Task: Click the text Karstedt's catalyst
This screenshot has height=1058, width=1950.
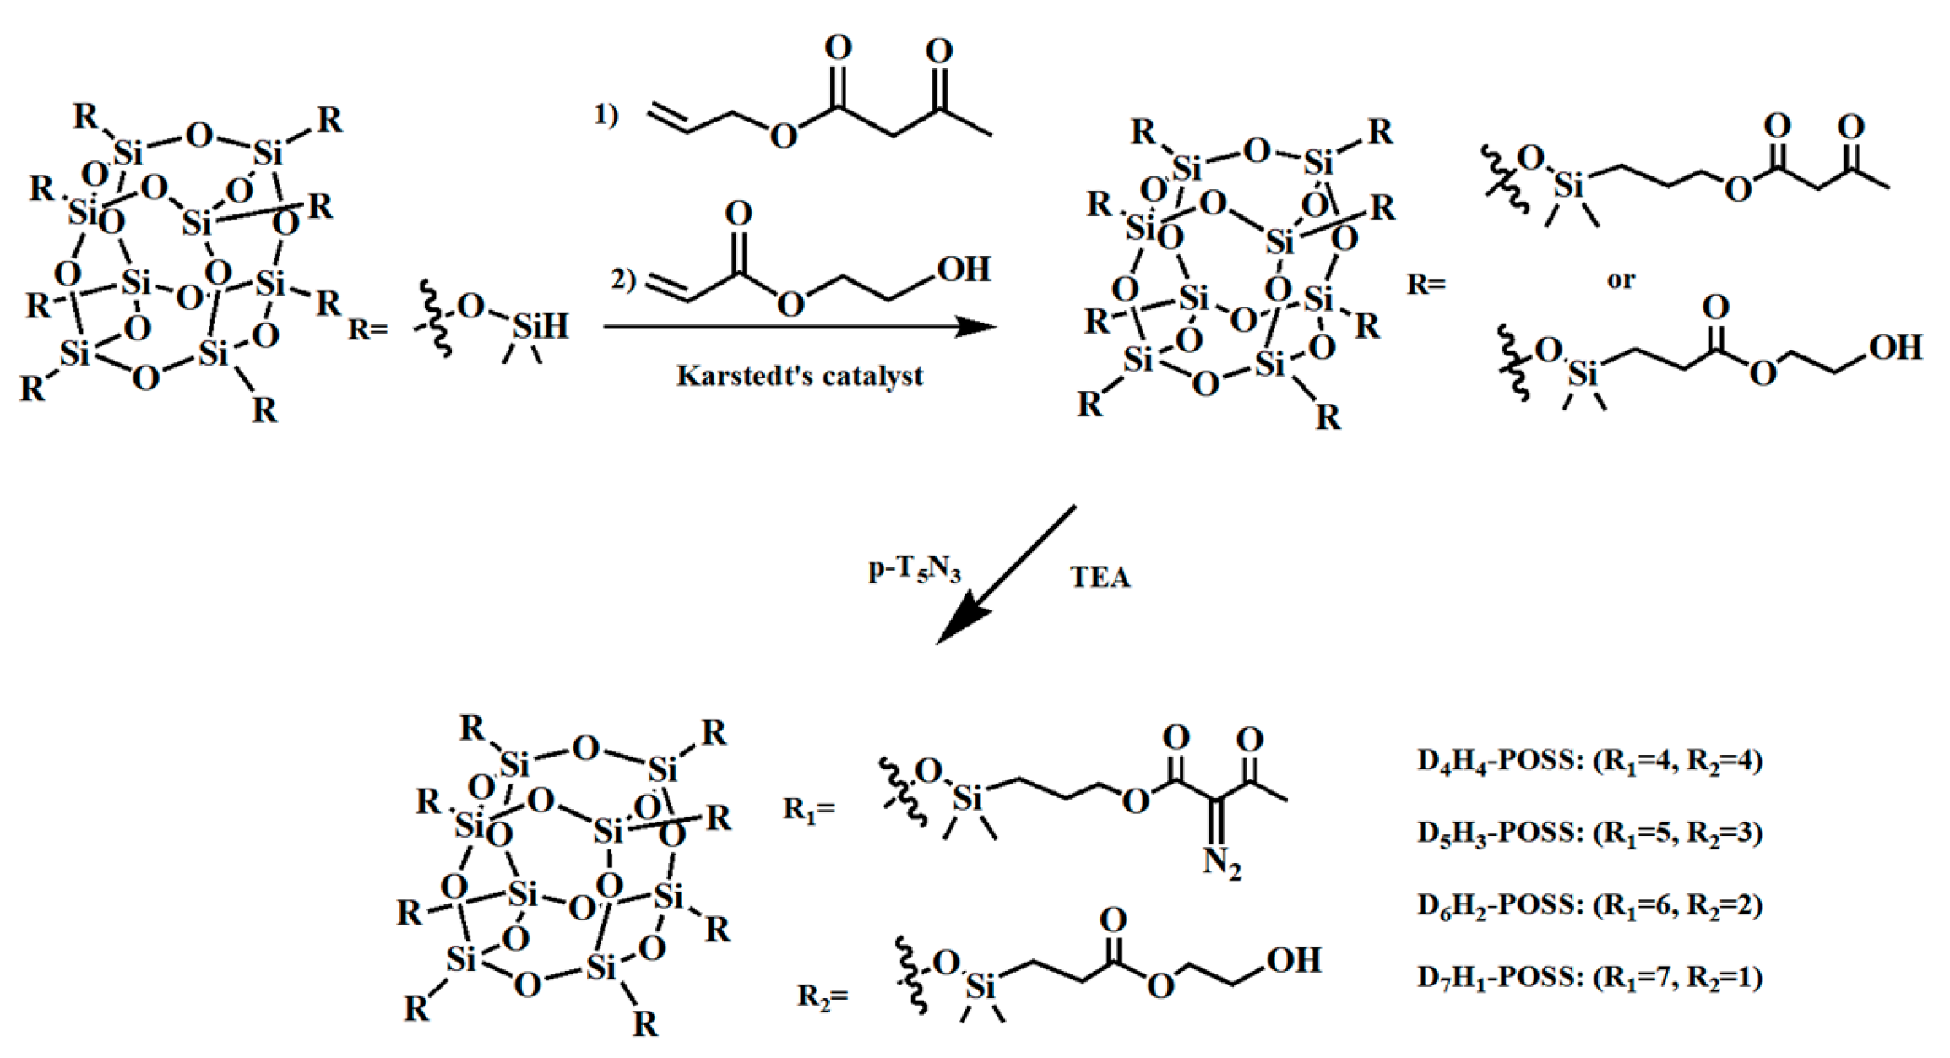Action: (799, 376)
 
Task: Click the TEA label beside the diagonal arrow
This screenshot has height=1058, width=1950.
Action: (1100, 578)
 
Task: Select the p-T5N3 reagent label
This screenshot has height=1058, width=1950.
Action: (915, 571)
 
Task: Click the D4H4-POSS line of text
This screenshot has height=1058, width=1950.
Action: (1589, 761)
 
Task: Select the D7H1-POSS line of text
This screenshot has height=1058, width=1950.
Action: (1589, 978)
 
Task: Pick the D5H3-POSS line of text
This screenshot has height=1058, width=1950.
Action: (1589, 833)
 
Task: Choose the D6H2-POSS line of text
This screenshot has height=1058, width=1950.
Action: (1589, 905)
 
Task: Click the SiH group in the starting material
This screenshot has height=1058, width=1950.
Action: (540, 326)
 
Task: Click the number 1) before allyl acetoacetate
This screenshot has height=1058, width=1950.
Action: (606, 113)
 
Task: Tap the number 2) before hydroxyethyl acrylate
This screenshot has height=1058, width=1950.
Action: (623, 278)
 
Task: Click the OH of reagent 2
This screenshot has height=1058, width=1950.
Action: (964, 269)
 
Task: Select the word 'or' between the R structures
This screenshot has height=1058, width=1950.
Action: (1621, 279)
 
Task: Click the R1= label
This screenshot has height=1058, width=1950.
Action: (809, 809)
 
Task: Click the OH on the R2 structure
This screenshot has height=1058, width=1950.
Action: (1293, 961)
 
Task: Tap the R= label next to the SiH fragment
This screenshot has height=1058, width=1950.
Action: (368, 328)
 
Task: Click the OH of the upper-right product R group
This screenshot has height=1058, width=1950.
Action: (1896, 347)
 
